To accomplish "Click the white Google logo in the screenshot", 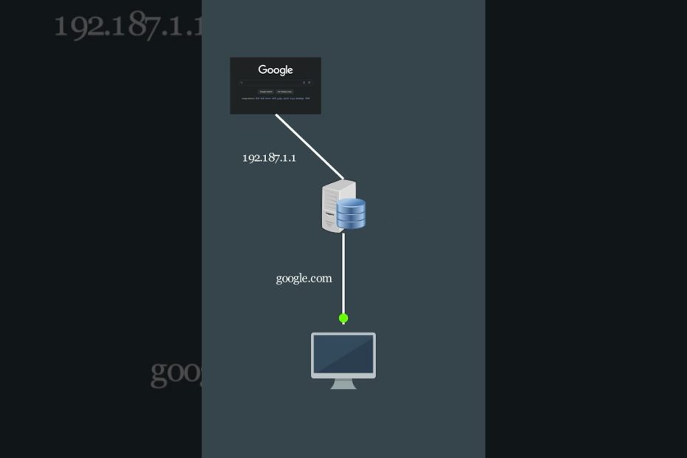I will click(x=276, y=70).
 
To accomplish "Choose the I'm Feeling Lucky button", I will click(x=285, y=92).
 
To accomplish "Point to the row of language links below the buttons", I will click(x=276, y=98).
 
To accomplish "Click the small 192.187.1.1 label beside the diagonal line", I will click(x=269, y=157).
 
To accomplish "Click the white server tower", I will click(x=332, y=207).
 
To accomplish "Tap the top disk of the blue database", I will click(x=352, y=202).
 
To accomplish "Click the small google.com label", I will click(x=304, y=278).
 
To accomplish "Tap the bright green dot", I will click(x=343, y=318).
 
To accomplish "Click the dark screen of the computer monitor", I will click(x=343, y=355).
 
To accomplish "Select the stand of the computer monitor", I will click(x=343, y=383).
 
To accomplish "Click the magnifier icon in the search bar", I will click(x=242, y=83).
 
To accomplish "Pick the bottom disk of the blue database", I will click(x=352, y=223).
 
